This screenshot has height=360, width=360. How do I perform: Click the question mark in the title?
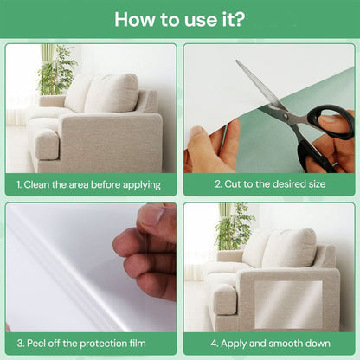pos(238,19)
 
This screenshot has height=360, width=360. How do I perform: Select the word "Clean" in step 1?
pos(36,184)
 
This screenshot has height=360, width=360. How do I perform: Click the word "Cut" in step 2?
pos(233,184)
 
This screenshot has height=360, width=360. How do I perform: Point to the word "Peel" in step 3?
pos(36,344)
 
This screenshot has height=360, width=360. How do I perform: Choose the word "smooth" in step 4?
pos(285,344)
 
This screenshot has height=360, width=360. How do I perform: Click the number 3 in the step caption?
pos(20,344)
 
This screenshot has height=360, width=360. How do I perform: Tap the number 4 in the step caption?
pos(214,344)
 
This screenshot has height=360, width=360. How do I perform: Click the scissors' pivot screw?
pos(286,116)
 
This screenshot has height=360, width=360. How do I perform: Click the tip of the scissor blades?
pos(236,61)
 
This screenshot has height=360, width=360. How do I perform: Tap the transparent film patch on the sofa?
pos(288,305)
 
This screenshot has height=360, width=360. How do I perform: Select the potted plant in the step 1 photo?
pos(57,71)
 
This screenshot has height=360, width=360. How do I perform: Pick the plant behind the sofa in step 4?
pos(235,228)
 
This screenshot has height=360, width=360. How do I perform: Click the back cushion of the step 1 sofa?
pos(111,93)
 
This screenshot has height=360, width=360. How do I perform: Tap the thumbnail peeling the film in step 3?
pos(151,215)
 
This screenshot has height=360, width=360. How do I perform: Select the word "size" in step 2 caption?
pos(317,184)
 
